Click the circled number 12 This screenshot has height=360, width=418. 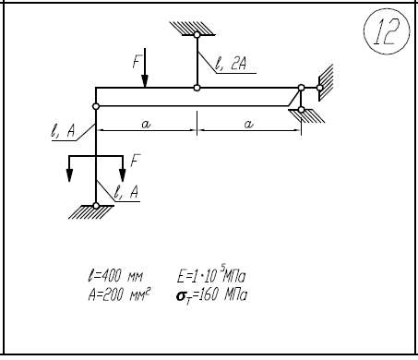pyautogui.click(x=387, y=31)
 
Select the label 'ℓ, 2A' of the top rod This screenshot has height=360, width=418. pyautogui.click(x=231, y=64)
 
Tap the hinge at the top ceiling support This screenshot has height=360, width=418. pyautogui.click(x=197, y=35)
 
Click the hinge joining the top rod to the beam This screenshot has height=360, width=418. pyautogui.click(x=197, y=88)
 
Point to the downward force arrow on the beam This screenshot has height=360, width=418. pyautogui.click(x=145, y=67)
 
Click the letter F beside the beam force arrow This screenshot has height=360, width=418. pyautogui.click(x=137, y=61)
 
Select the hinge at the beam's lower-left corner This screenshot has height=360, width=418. pyautogui.click(x=96, y=106)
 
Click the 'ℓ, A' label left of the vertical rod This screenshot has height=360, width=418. pyautogui.click(x=63, y=131)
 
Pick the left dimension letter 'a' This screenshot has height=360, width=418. pyautogui.click(x=146, y=124)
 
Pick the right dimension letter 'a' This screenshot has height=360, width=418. pyautogui.click(x=248, y=124)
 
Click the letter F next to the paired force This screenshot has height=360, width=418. pyautogui.click(x=136, y=161)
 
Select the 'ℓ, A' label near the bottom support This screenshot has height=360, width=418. pyautogui.click(x=126, y=192)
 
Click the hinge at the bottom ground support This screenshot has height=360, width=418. pyautogui.click(x=96, y=206)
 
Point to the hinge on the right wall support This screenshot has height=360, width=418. pyautogui.click(x=319, y=88)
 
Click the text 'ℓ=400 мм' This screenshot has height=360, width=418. pyautogui.click(x=115, y=275)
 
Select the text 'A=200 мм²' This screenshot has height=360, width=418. pyautogui.click(x=119, y=294)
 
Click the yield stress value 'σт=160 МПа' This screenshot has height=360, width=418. pyautogui.click(x=211, y=296)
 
